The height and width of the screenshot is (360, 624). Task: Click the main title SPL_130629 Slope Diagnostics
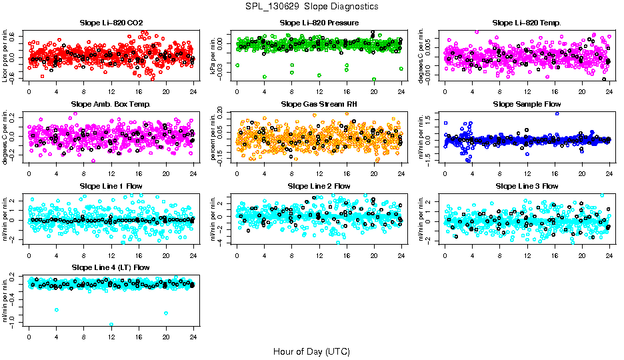pyautogui.click(x=311, y=6)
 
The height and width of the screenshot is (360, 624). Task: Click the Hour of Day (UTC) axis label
pyautogui.click(x=311, y=351)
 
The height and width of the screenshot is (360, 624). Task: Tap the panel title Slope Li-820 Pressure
pyautogui.click(x=319, y=23)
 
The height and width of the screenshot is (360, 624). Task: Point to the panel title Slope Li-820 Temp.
pyautogui.click(x=527, y=23)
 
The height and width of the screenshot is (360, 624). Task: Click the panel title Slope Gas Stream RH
pyautogui.click(x=319, y=105)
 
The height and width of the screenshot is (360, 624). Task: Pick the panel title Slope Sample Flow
pyautogui.click(x=527, y=105)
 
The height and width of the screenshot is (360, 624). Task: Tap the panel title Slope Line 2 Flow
pyautogui.click(x=319, y=186)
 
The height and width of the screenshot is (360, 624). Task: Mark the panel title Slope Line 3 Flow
pyautogui.click(x=527, y=186)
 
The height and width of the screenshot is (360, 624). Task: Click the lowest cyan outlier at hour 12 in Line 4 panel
pyautogui.click(x=111, y=325)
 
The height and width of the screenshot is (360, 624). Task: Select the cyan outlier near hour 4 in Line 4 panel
pyautogui.click(x=57, y=310)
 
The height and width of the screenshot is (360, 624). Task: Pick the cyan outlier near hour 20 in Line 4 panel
pyautogui.click(x=165, y=313)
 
